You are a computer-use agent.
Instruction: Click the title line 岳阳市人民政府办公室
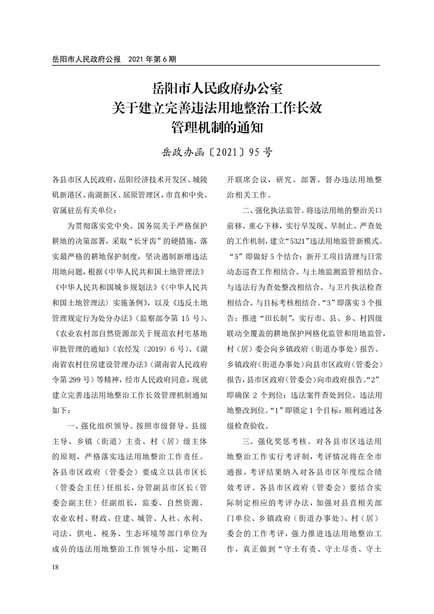click(x=217, y=88)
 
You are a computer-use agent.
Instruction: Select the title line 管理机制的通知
click(x=217, y=128)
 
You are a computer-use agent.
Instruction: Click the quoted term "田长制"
click(x=281, y=316)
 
